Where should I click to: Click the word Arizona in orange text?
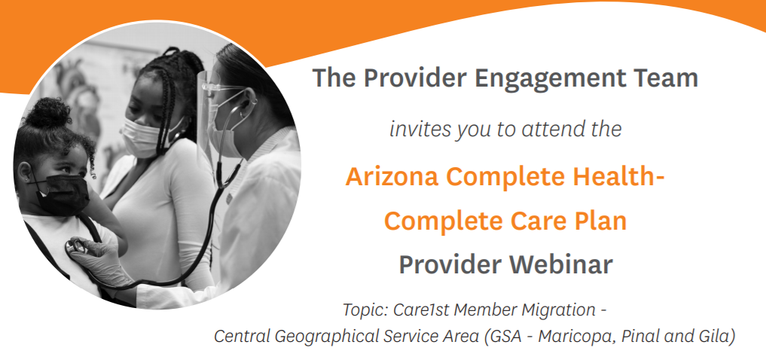(x=392, y=176)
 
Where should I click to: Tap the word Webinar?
(x=561, y=264)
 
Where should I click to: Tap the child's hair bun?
(x=47, y=112)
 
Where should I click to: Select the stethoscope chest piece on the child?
(x=77, y=247)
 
